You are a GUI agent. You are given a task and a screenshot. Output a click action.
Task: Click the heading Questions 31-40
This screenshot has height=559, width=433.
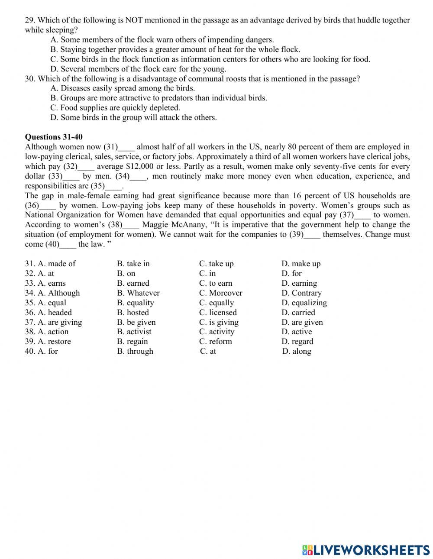[x=53, y=137]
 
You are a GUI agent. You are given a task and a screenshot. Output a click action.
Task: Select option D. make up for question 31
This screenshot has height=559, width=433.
[x=301, y=264]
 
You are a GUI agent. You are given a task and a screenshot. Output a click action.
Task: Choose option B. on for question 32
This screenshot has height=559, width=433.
[x=126, y=273]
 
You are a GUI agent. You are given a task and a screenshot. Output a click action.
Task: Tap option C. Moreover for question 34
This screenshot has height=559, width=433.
[x=220, y=293]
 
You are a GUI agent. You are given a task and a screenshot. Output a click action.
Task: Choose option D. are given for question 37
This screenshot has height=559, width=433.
[x=302, y=322]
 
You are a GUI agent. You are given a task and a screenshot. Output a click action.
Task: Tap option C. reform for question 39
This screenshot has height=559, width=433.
[x=215, y=341]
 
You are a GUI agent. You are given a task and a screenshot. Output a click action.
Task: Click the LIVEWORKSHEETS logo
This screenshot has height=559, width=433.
[x=366, y=550]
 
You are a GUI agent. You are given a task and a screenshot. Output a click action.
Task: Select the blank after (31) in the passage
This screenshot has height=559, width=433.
[x=126, y=147]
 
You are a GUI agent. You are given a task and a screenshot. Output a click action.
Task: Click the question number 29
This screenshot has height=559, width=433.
[x=29, y=20]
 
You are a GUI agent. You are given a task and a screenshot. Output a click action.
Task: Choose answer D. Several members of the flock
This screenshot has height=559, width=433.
[x=138, y=69]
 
